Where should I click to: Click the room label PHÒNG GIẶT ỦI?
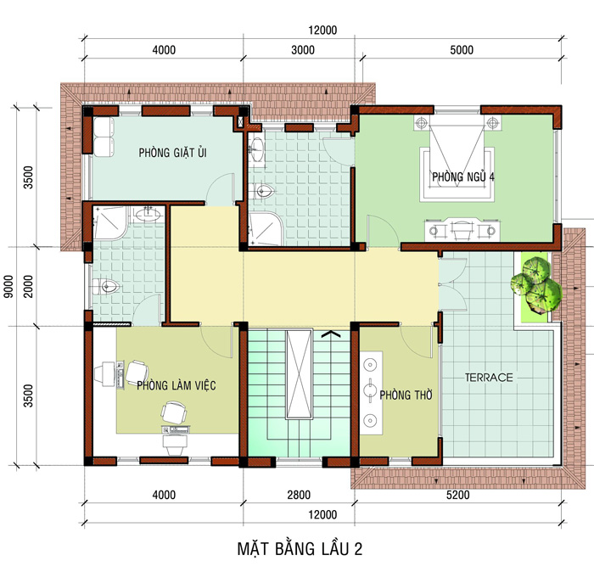click(173, 153)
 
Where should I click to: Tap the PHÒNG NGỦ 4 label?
click(463, 177)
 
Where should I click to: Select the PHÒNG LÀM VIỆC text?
click(177, 385)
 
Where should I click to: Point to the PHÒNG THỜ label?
click(406, 395)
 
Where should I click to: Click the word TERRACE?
click(489, 378)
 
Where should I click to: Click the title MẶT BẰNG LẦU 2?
click(300, 549)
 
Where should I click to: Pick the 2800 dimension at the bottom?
click(299, 495)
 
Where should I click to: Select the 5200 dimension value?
click(458, 495)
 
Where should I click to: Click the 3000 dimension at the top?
click(303, 50)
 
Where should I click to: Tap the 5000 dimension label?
click(462, 50)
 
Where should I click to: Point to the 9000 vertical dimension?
click(8, 286)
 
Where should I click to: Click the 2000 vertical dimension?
click(28, 286)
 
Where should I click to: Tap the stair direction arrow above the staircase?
click(331, 334)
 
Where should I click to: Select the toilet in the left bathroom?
click(105, 286)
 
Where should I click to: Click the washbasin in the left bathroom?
click(148, 215)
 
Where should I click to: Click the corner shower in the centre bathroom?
click(265, 228)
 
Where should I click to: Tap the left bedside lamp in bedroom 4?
click(421, 123)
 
